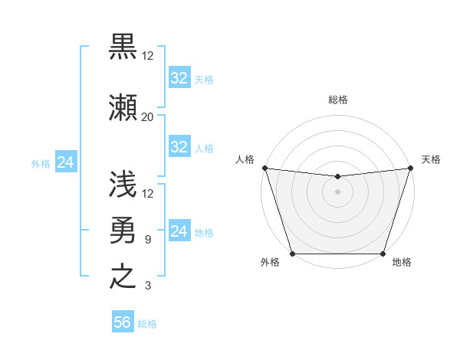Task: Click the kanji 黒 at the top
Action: (123, 47)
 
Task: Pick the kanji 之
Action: (123, 276)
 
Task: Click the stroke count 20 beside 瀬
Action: (147, 116)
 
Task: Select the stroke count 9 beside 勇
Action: (147, 240)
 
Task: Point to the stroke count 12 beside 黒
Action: (147, 56)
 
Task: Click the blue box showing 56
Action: (123, 322)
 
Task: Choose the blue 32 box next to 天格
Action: (179, 78)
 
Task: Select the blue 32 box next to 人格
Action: (179, 147)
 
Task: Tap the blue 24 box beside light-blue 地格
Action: (179, 231)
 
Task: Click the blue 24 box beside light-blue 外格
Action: (65, 162)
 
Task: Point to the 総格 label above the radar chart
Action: (338, 100)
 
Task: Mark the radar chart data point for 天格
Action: (410, 168)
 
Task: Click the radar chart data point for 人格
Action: (264, 168)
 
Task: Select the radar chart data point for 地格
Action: (383, 254)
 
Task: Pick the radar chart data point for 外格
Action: (293, 254)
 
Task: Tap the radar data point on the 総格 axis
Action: (337, 177)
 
